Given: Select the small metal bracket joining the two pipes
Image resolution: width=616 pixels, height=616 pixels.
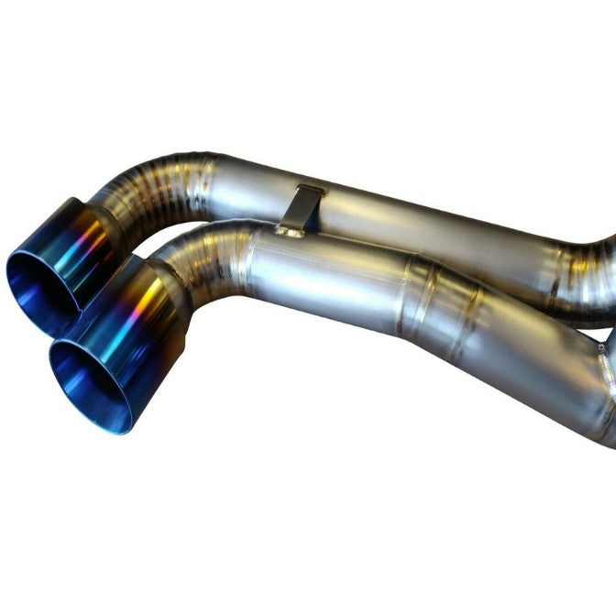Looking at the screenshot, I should click(x=302, y=210).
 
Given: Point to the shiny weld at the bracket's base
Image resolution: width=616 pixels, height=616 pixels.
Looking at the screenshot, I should click(x=291, y=232).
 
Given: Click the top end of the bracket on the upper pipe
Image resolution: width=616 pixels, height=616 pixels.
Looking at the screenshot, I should click(x=309, y=191).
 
